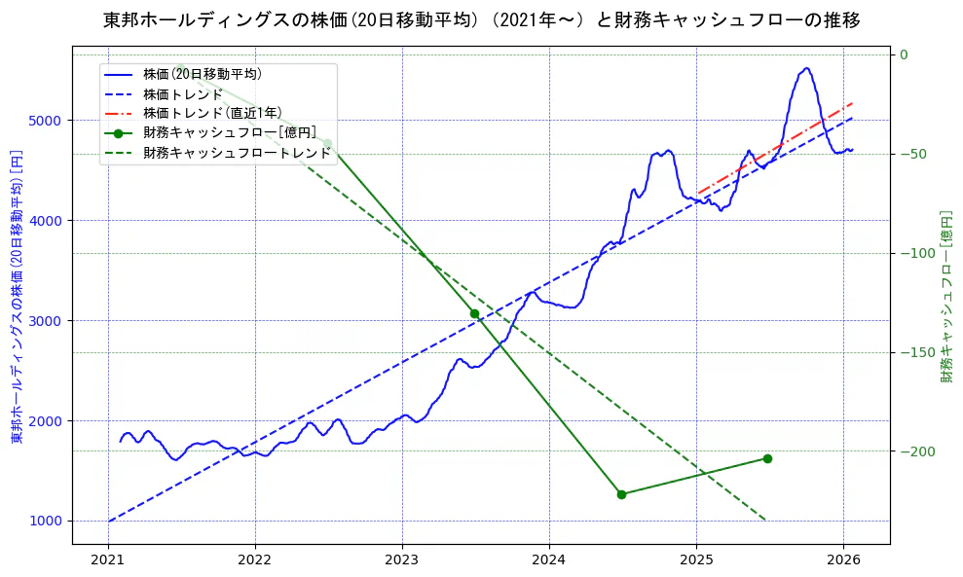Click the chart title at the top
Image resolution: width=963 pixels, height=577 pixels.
click(x=481, y=19)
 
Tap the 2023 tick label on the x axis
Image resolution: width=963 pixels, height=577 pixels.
click(x=402, y=560)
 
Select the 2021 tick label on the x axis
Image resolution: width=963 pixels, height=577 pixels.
click(x=108, y=560)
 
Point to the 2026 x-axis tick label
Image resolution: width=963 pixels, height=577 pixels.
click(x=843, y=560)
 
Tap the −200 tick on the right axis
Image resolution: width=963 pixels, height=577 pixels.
click(x=915, y=451)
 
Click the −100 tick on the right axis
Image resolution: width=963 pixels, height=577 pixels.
click(x=915, y=253)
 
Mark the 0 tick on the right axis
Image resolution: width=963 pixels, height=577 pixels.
click(x=904, y=54)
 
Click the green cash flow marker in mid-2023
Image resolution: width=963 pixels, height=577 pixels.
click(x=474, y=313)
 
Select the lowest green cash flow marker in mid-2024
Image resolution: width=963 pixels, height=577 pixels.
click(x=621, y=494)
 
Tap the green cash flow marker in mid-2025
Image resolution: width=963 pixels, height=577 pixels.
click(x=767, y=458)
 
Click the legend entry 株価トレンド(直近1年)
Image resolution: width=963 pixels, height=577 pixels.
click(x=212, y=113)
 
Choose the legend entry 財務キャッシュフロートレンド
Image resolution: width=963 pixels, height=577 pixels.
click(x=237, y=153)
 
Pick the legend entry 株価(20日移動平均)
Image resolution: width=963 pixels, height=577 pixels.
click(x=202, y=74)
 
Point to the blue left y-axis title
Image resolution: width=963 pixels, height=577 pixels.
click(x=17, y=297)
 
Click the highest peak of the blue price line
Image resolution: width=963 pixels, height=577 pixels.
click(x=806, y=68)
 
